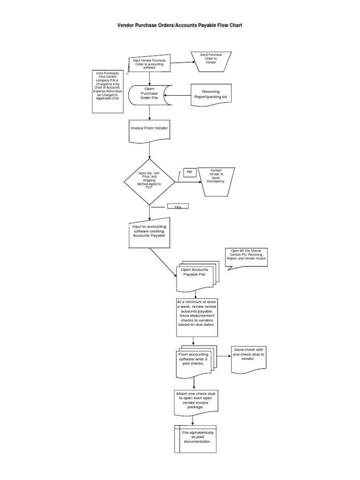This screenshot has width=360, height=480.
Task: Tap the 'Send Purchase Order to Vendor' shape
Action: (x=211, y=59)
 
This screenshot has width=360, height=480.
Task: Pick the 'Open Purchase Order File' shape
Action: (x=150, y=95)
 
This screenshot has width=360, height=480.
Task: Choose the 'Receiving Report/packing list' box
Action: (x=210, y=95)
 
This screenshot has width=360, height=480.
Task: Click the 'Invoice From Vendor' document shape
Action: (x=150, y=129)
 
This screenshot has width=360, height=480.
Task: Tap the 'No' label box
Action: (x=189, y=172)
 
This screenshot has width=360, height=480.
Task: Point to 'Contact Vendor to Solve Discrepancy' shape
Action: (x=216, y=180)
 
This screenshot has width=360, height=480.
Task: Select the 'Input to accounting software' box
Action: (x=149, y=233)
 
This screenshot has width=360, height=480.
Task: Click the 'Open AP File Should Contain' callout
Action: (x=247, y=257)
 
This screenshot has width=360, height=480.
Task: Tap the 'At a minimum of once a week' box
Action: (x=196, y=316)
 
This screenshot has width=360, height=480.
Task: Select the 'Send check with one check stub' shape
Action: (x=248, y=359)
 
